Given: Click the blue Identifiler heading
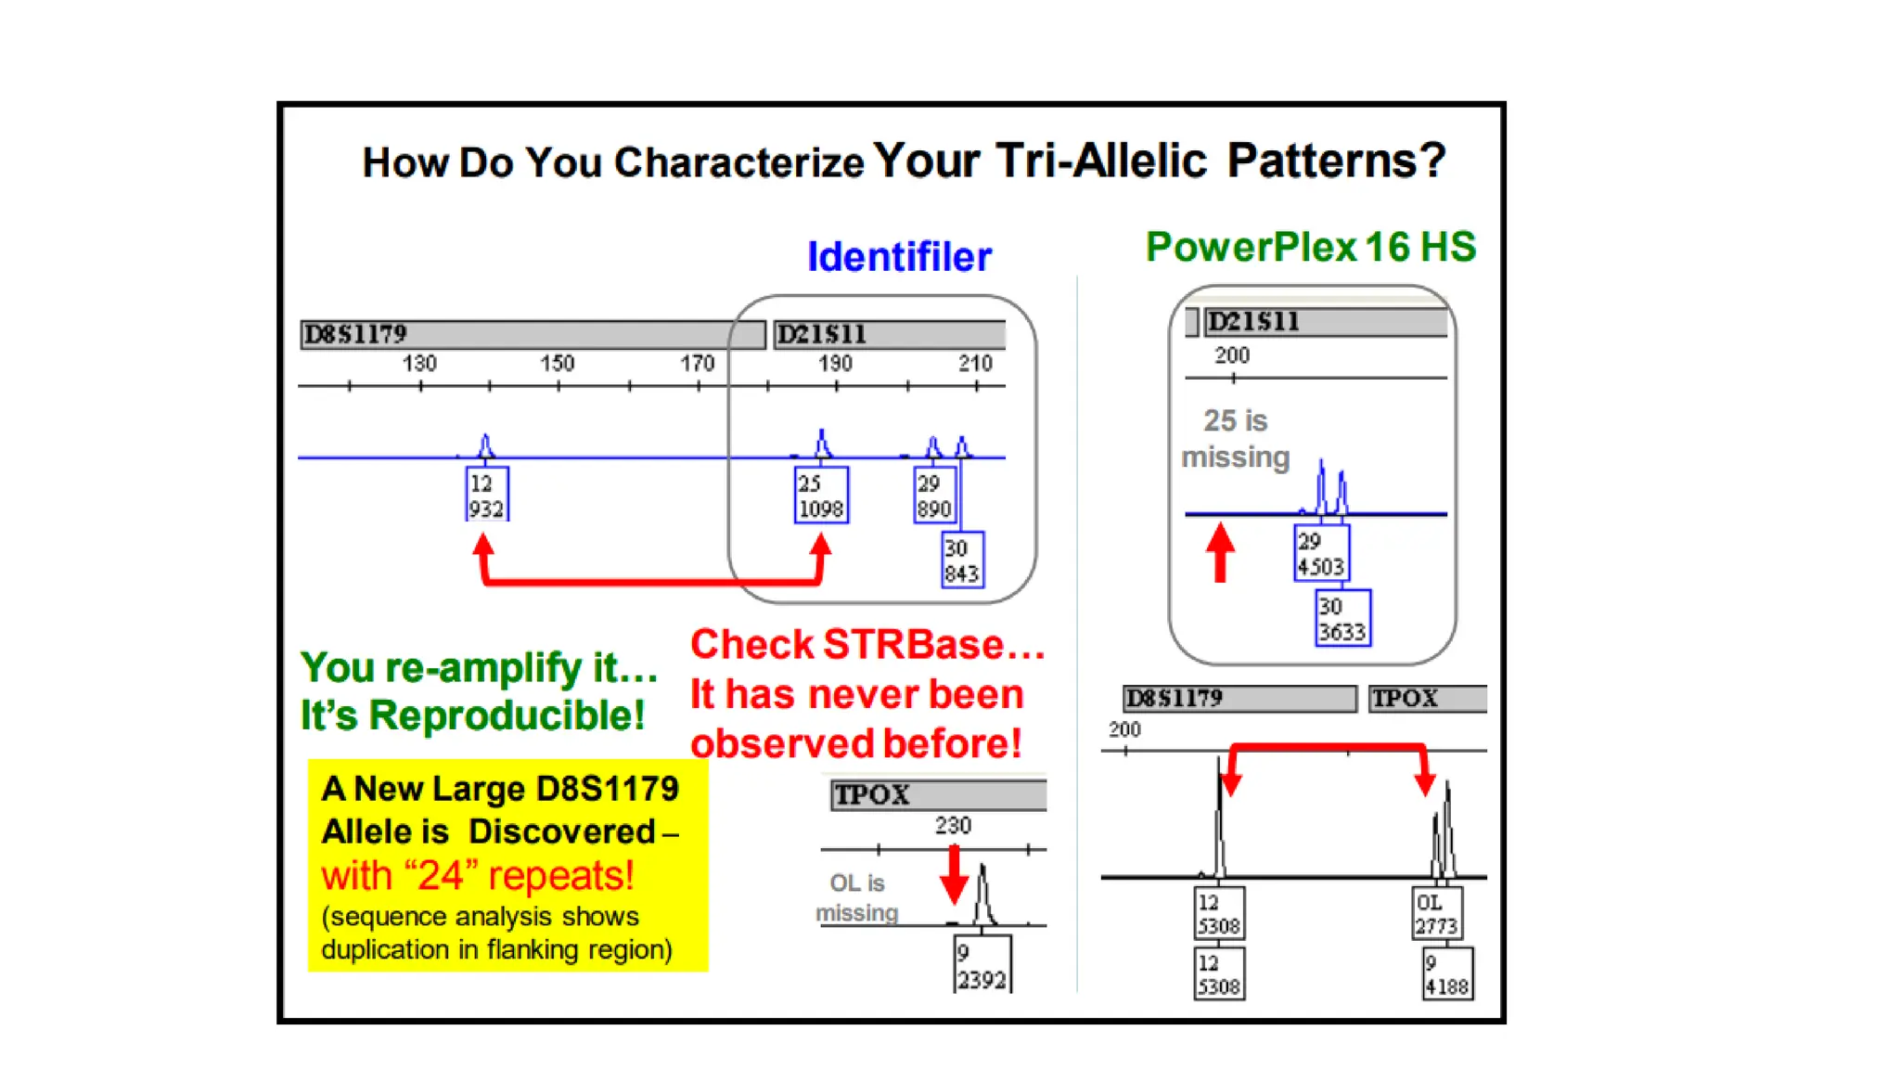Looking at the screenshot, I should (899, 257).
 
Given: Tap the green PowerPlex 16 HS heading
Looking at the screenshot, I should (1310, 247).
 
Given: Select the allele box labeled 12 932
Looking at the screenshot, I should (486, 496).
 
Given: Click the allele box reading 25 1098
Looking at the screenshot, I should (821, 496).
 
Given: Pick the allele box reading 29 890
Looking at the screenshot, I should (934, 496).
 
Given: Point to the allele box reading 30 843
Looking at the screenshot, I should (962, 560).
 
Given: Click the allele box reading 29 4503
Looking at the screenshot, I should (1321, 554).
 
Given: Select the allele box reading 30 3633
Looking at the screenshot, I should (1342, 619).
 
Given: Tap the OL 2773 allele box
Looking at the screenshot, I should (1436, 914).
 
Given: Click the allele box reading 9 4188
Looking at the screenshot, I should (1447, 974).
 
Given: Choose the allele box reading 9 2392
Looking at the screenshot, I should (982, 965).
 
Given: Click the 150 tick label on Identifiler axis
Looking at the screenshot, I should (558, 364).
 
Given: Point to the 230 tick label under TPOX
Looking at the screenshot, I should (953, 826).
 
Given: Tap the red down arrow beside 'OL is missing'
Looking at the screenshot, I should (954, 874).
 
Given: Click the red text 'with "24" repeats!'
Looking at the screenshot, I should (478, 875).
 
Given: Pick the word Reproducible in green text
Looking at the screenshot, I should (507, 715).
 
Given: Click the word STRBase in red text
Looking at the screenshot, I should (913, 645).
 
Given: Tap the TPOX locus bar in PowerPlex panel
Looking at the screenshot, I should (1427, 699).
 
